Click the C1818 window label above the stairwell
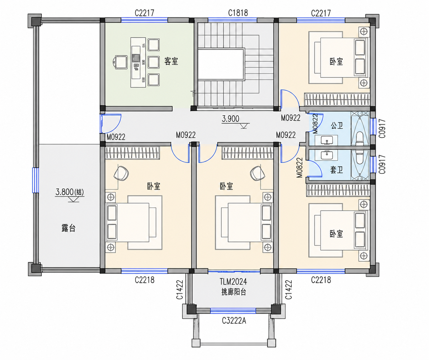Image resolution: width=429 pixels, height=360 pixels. click(x=238, y=13)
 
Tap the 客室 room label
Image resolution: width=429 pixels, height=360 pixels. click(x=171, y=61)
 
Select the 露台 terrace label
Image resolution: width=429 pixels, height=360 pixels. click(x=69, y=228)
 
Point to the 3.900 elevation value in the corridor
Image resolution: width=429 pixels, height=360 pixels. click(x=231, y=119)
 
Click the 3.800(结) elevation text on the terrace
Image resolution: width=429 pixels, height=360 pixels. click(x=70, y=192)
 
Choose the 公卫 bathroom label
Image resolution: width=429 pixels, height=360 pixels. click(x=337, y=125)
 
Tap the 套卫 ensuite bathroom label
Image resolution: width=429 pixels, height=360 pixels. click(x=337, y=170)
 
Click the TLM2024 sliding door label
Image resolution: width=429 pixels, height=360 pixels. click(x=233, y=281)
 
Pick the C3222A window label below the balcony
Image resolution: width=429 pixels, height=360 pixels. click(x=234, y=320)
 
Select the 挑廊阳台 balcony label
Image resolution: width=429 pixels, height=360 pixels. click(x=234, y=292)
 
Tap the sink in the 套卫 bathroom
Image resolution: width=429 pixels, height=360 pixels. click(x=326, y=155)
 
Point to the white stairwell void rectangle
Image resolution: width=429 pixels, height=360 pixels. click(x=221, y=64)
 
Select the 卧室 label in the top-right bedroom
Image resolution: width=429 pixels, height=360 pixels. click(x=336, y=61)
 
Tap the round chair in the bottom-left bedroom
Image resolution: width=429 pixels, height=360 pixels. click(x=121, y=173)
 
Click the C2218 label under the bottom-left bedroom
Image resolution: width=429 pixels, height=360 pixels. click(x=144, y=280)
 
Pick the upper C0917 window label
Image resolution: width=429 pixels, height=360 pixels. click(x=382, y=128)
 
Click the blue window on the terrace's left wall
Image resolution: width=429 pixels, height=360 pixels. click(x=35, y=180)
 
